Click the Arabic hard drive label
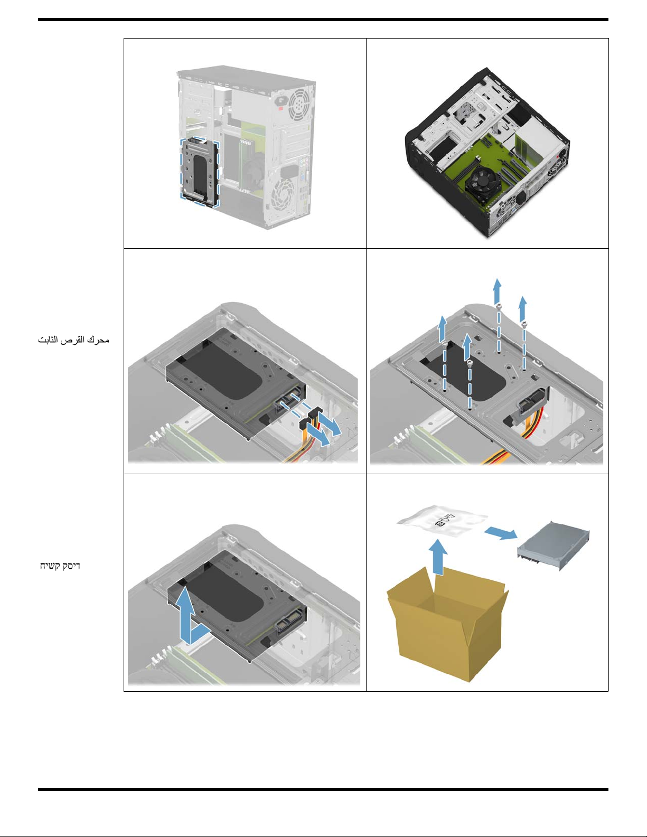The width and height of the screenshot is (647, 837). click(73, 340)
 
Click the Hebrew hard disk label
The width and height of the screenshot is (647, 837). click(60, 566)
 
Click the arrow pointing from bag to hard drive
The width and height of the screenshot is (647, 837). click(500, 533)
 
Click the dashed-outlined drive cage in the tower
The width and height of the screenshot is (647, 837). click(200, 172)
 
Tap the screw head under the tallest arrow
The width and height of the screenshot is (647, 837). click(498, 307)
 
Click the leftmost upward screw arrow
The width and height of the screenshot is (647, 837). click(443, 328)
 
